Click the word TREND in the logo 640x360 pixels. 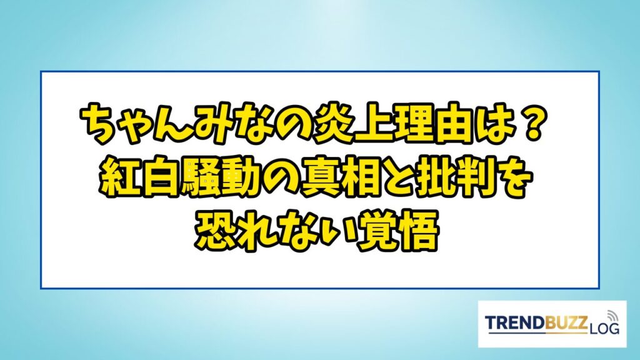tap(515, 322)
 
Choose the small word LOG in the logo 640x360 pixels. tap(604, 327)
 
